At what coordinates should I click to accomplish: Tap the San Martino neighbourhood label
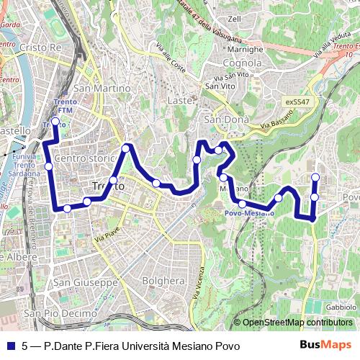(x=112, y=88)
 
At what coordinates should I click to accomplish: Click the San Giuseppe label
(x=85, y=283)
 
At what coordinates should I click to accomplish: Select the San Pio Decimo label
(x=60, y=314)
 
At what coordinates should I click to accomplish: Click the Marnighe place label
(x=246, y=50)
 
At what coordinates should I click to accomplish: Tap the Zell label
(x=234, y=19)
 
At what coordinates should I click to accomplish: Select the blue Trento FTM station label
(x=63, y=107)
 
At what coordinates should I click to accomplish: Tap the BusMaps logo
(x=325, y=345)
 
